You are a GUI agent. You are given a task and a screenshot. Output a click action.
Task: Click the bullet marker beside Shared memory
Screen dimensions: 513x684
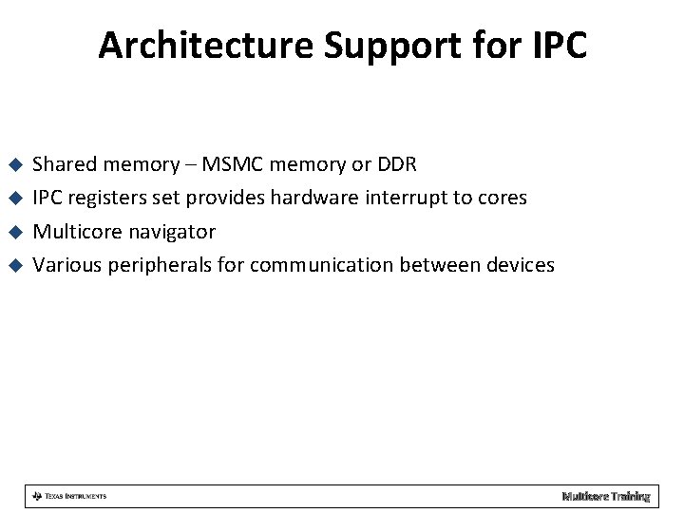coord(14,165)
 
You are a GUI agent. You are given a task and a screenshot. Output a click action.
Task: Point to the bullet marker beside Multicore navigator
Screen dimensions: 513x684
coord(14,232)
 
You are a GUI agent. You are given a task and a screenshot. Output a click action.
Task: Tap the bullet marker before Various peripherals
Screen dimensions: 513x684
coord(14,265)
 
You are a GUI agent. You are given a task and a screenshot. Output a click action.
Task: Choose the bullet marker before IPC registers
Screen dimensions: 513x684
coord(14,199)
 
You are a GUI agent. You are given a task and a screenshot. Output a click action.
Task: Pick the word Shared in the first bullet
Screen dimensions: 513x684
coord(64,164)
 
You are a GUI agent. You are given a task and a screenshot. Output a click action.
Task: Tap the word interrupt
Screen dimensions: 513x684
coord(402,198)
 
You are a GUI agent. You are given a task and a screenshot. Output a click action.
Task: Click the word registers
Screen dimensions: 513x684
coord(107,198)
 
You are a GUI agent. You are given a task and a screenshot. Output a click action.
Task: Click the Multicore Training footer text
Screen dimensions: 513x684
coord(605,496)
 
